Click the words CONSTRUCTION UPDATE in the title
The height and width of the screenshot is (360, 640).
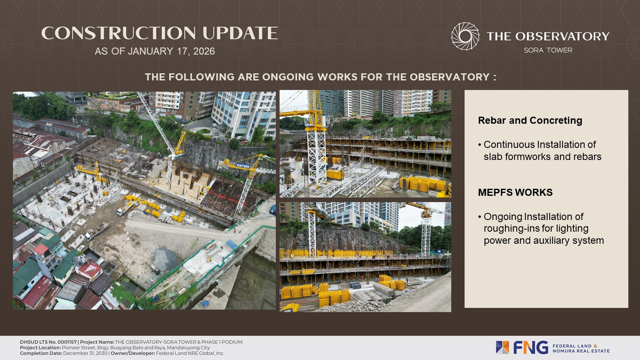tap(160, 33)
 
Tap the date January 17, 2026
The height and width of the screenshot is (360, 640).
tap(171, 51)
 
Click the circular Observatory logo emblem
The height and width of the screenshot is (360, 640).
tap(465, 36)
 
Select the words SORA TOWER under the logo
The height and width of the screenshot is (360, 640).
tap(548, 50)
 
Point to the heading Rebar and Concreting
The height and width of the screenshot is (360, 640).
tap(530, 120)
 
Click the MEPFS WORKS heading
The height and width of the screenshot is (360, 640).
tap(515, 192)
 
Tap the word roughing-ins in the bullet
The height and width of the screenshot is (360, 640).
tap(507, 229)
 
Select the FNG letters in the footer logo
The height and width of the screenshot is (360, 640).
tap(530, 347)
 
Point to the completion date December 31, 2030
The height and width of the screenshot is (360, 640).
tap(85, 353)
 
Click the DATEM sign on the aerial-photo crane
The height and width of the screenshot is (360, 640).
tap(243, 166)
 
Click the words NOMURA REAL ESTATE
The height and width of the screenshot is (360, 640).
tap(581, 351)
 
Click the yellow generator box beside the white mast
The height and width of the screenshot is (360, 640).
tap(335, 174)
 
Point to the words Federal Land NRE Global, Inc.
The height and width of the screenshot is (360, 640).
tap(190, 353)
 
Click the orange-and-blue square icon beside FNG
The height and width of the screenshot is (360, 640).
tap(502, 347)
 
